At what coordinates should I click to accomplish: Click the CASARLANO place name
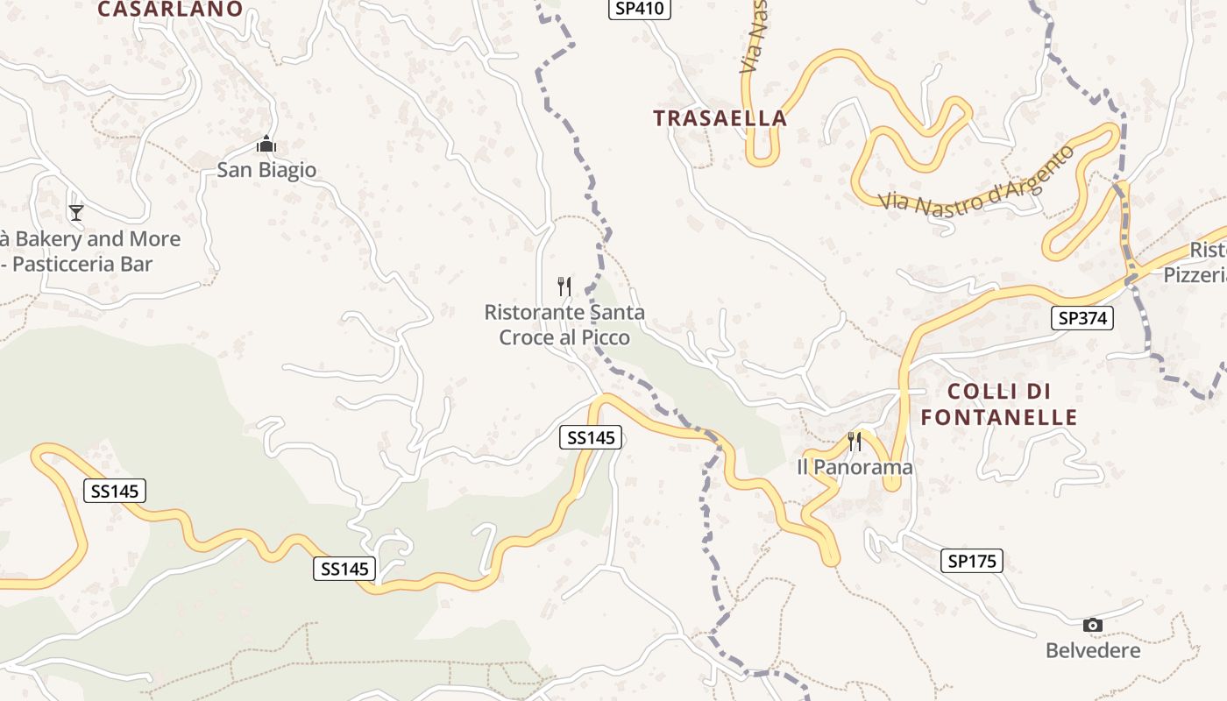170,10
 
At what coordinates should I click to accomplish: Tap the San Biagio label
266,170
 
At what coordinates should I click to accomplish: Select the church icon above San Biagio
266,144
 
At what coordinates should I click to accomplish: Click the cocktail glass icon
76,212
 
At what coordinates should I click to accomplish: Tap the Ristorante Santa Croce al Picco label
564,324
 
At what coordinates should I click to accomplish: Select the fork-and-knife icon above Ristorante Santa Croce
564,286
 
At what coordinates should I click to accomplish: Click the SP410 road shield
641,9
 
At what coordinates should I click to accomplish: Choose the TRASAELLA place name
720,118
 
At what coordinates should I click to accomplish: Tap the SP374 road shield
1082,318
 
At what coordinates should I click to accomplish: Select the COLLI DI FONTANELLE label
999,404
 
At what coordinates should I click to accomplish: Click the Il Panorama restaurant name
855,467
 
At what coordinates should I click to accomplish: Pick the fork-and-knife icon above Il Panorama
855,441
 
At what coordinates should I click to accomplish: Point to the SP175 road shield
972,561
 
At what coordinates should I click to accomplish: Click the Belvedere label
1093,650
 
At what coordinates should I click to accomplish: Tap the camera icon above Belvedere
1092,625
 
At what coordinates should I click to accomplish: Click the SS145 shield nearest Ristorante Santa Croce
591,437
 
